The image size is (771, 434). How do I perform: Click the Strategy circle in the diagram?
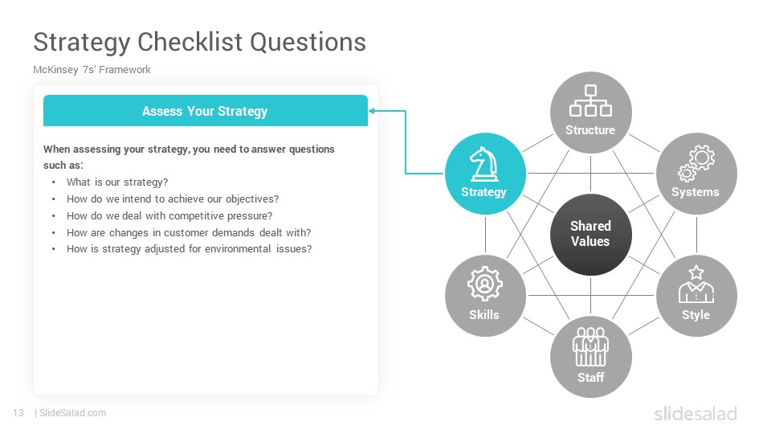point(485,174)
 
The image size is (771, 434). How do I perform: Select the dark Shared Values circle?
point(590,235)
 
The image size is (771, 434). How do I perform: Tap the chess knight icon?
point(484,164)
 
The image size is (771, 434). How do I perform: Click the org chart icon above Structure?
point(590,101)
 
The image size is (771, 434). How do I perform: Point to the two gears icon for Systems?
point(696,163)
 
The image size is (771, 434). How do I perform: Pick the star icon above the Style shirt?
point(696,272)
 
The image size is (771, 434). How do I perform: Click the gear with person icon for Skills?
point(485,284)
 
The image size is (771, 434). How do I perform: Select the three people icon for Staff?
point(590,347)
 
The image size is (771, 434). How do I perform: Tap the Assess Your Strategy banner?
point(206,111)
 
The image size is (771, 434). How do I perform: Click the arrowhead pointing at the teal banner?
point(372,111)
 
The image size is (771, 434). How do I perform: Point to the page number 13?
point(18,413)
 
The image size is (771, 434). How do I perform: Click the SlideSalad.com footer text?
point(73,413)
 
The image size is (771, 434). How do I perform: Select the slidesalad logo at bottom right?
point(696,413)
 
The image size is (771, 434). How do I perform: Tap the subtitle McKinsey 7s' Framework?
point(92,69)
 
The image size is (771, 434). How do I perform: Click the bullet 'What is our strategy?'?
point(117,182)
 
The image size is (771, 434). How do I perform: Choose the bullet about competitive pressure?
point(169,215)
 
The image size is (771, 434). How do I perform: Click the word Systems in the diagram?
point(696,192)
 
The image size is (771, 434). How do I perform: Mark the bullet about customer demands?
point(189,232)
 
